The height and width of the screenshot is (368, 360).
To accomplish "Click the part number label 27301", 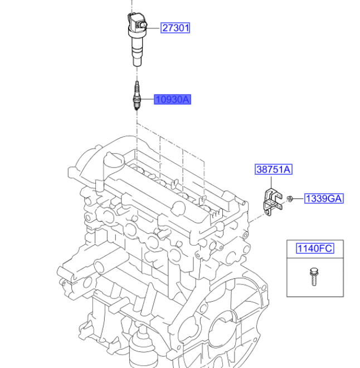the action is (176, 28).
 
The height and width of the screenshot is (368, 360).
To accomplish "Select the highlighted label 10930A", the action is (173, 100).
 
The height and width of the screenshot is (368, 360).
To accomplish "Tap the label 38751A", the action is (274, 169).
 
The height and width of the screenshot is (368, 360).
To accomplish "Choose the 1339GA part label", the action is (324, 199).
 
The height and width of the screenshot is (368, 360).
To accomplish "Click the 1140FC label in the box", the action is (315, 248).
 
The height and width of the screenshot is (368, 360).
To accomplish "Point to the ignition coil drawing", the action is (137, 39).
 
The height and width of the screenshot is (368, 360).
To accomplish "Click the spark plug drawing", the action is (137, 95).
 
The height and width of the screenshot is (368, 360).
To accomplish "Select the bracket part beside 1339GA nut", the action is (273, 202).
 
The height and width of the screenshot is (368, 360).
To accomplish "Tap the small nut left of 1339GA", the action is (290, 199).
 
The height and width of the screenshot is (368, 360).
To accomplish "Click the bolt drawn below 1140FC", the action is (314, 277).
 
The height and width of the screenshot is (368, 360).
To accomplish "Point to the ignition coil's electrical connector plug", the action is (142, 25).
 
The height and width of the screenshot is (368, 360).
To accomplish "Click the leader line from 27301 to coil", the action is (153, 28).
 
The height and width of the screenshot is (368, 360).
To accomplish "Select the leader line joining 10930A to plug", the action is (147, 99).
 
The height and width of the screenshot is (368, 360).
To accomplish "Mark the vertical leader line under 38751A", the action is (271, 182).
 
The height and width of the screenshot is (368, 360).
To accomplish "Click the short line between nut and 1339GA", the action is (299, 199).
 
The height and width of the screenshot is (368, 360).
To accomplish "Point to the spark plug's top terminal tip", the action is (137, 82).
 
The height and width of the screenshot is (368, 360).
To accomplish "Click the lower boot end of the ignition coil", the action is (137, 62).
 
